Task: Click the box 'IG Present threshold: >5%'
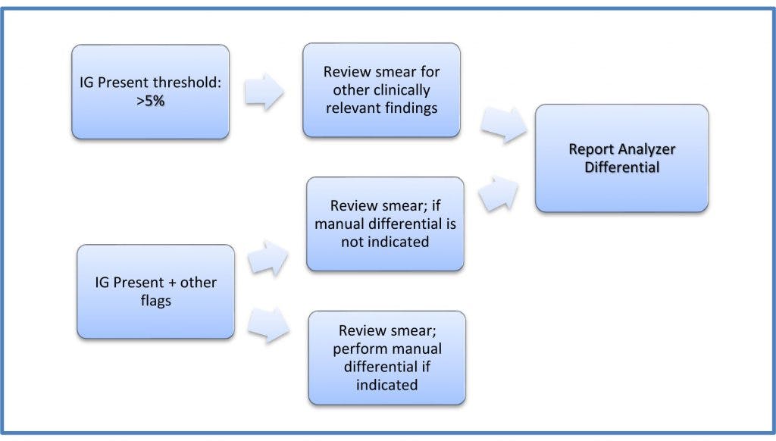pyautogui.click(x=150, y=92)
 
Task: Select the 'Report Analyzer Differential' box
pyautogui.click(x=621, y=158)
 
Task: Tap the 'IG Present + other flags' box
pyautogui.click(x=155, y=291)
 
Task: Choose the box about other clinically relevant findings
pyautogui.click(x=381, y=90)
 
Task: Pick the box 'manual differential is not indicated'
pyautogui.click(x=385, y=224)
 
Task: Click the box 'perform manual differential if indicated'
pyautogui.click(x=386, y=358)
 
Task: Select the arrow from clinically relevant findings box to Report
pyautogui.click(x=504, y=125)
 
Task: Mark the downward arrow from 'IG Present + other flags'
pyautogui.click(x=270, y=324)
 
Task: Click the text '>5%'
pyautogui.click(x=150, y=101)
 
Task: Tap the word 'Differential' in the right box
pyautogui.click(x=621, y=167)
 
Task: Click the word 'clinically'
pyautogui.click(x=398, y=90)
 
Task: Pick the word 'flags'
pyautogui.click(x=155, y=300)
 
